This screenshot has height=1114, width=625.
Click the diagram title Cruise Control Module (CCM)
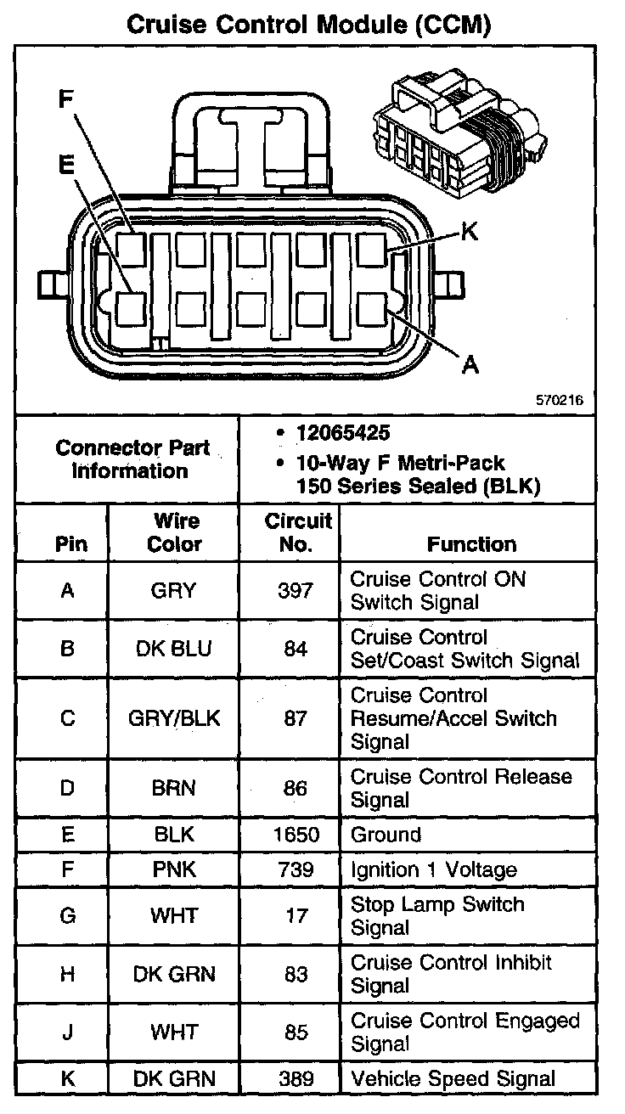point(309,24)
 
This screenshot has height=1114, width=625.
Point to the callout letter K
point(469,231)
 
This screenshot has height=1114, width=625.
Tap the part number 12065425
point(343,433)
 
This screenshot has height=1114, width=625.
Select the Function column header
point(471,544)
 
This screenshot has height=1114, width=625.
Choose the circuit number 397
point(296,590)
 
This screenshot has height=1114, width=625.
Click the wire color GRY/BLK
point(174,718)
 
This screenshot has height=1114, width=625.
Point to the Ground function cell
point(386,835)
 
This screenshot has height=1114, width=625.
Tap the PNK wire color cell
point(174,869)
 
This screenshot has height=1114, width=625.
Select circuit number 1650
point(296,835)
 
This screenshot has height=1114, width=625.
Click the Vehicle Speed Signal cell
point(453,1079)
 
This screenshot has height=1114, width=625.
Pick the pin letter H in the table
point(68,975)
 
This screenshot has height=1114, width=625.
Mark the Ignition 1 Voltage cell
point(433,869)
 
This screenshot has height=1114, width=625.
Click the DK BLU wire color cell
point(174,649)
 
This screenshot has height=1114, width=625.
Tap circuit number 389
point(296,1079)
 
